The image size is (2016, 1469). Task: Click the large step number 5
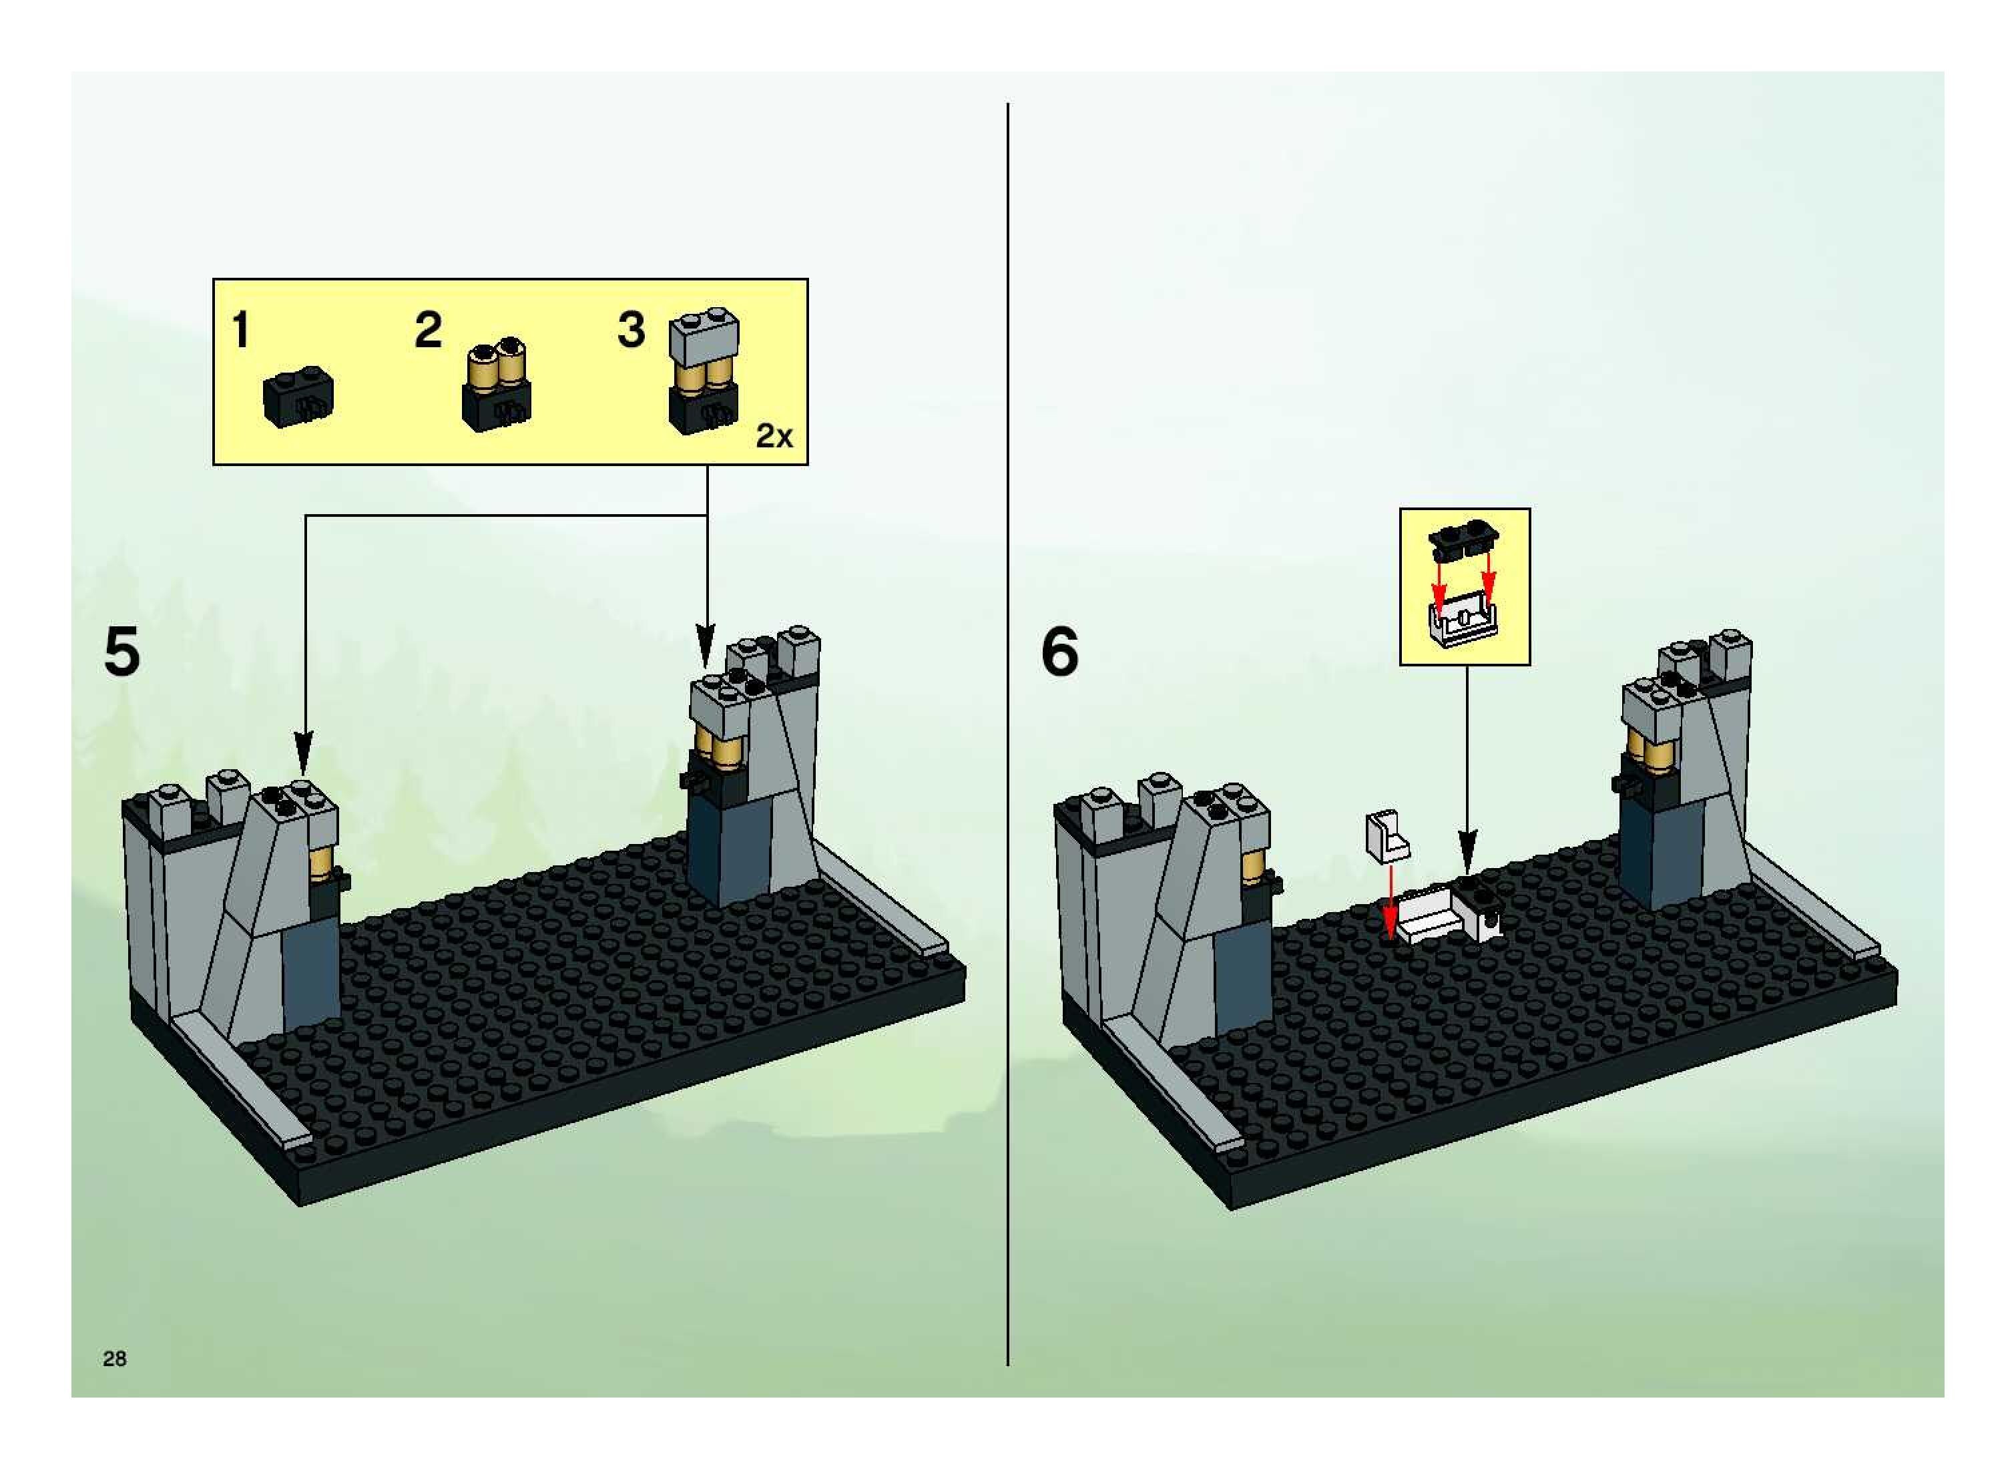121,652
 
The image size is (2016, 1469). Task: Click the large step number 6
1059,652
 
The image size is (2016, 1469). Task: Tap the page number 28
115,1358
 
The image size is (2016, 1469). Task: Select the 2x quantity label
773,436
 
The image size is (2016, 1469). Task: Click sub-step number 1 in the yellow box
240,331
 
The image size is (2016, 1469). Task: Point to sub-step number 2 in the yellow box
427,331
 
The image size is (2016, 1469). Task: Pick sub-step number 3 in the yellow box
630,331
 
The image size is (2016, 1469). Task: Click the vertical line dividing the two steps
1007,711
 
